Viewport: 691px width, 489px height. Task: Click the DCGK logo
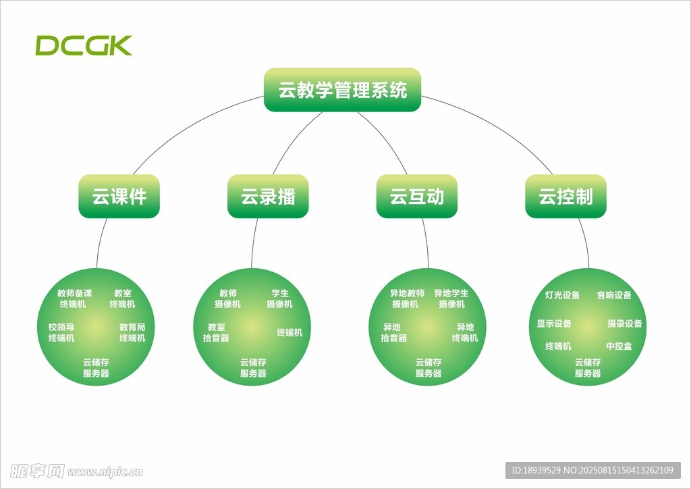pos(84,45)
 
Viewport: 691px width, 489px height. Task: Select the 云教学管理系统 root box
pos(342,90)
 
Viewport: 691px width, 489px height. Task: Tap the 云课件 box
pos(119,197)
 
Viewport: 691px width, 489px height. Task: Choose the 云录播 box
pos(268,197)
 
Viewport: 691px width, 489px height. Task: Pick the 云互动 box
pos(416,197)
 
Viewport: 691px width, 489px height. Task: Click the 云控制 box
pos(565,197)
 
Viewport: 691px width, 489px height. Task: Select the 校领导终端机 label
pos(61,332)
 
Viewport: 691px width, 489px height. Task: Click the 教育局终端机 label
pos(132,332)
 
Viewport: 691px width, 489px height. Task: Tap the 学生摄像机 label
pos(279,299)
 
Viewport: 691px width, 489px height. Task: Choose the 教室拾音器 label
pos(216,332)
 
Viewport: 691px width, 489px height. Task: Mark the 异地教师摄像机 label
pos(406,299)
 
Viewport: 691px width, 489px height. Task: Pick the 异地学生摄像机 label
pos(451,299)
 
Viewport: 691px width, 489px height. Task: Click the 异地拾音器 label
pos(393,332)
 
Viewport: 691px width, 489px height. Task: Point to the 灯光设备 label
pos(562,295)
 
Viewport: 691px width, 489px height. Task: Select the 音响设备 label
pos(614,295)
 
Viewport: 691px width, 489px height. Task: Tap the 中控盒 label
pos(619,346)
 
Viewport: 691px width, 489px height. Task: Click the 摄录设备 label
pos(624,324)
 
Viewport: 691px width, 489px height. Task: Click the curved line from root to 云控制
pos(499,128)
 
